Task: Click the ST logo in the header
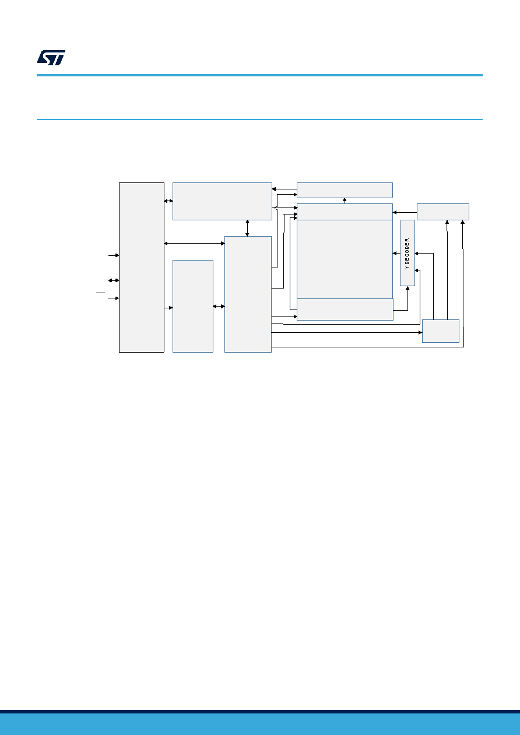(x=51, y=58)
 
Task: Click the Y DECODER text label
(x=407, y=254)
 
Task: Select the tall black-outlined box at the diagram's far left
(x=142, y=268)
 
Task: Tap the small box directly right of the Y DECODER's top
(x=443, y=212)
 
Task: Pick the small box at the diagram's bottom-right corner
(x=441, y=330)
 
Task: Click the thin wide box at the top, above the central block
(x=345, y=191)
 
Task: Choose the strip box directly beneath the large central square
(x=345, y=310)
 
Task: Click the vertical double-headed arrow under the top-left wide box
(x=247, y=228)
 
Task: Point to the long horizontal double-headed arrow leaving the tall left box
(x=194, y=244)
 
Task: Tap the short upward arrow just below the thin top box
(x=345, y=201)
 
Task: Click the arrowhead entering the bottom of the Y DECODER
(x=407, y=288)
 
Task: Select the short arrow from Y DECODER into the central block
(x=396, y=254)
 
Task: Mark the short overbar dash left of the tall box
(x=100, y=293)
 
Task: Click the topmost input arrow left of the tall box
(x=114, y=255)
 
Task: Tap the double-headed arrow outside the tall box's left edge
(x=114, y=280)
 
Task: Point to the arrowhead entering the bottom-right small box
(x=420, y=332)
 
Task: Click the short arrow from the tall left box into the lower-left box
(x=168, y=308)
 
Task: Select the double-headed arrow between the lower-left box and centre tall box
(x=219, y=307)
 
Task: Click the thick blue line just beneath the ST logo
(x=259, y=75)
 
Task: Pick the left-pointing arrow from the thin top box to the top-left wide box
(x=284, y=189)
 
